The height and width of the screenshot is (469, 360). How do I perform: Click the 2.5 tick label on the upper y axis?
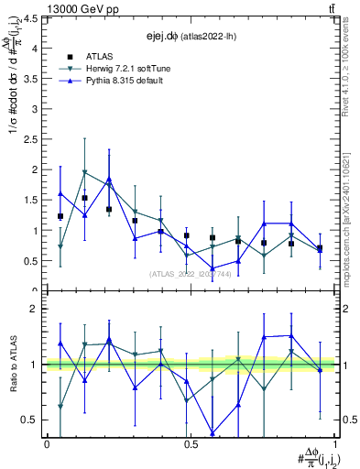[31, 139]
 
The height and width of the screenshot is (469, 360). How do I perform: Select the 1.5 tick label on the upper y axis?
[31, 200]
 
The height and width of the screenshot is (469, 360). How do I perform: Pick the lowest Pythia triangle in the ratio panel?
[213, 433]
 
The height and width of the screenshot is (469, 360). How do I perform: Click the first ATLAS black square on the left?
[60, 216]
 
